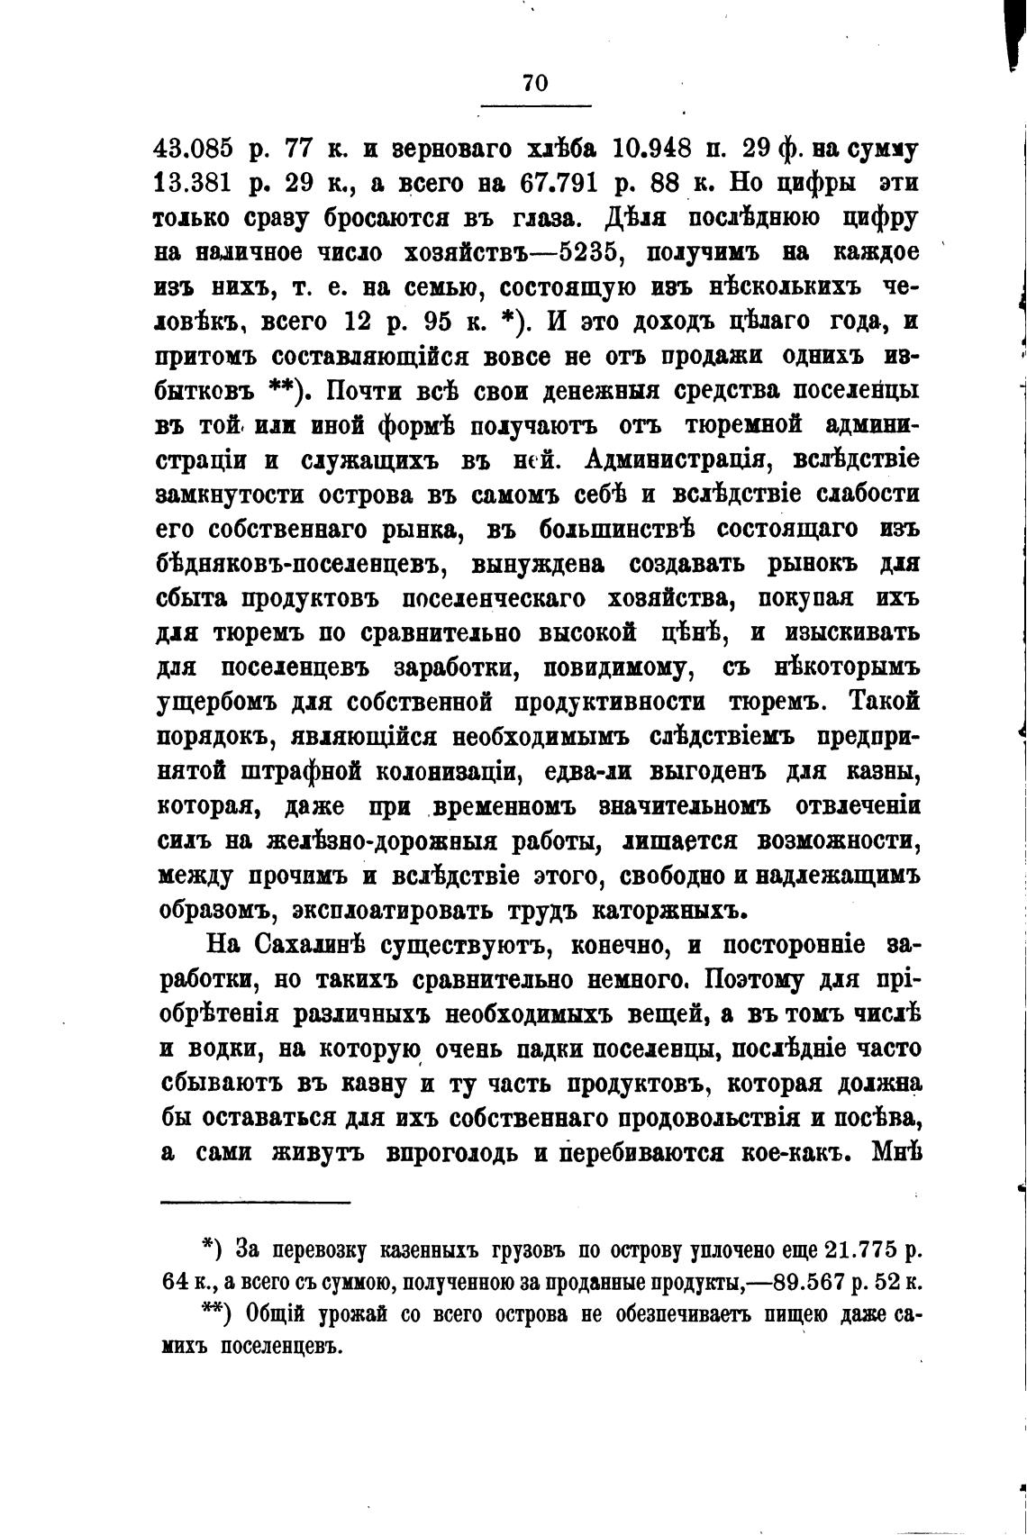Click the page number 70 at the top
(534, 82)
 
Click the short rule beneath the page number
(535, 107)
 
